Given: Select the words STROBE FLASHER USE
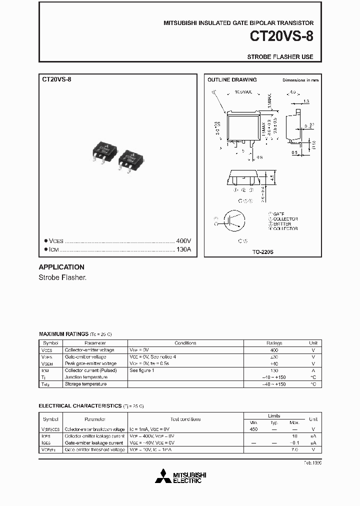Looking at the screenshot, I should coord(280,57).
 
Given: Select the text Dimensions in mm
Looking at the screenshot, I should coord(300,80).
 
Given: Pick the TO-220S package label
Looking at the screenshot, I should coord(263,252).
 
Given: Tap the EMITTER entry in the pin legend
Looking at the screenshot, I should coord(285,223).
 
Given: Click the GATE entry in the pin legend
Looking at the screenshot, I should coord(282,213).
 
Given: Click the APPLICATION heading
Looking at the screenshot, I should coord(61,267).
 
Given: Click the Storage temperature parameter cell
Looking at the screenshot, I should coord(85,384).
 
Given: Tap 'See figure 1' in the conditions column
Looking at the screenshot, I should coord(142,370).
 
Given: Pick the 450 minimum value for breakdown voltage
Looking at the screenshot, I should coord(253,429).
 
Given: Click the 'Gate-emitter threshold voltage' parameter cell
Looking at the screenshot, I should coord(94,450).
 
